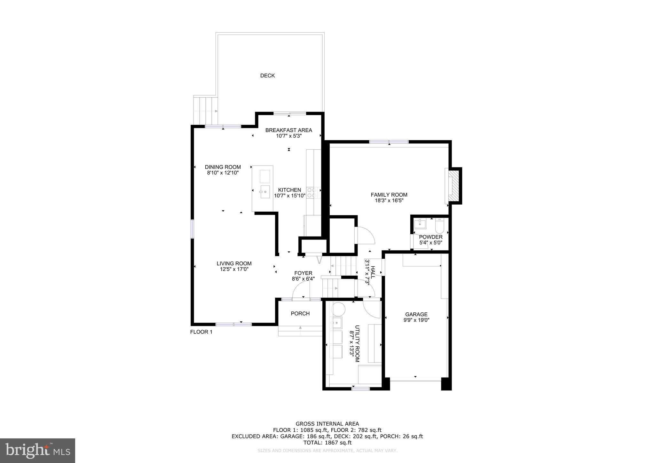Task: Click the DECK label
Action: pyautogui.click(x=267, y=76)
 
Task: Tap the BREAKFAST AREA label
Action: pyautogui.click(x=288, y=130)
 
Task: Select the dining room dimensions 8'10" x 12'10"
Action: pyautogui.click(x=223, y=173)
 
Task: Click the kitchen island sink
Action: pyautogui.click(x=265, y=192)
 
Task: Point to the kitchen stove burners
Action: pyautogui.click(x=312, y=192)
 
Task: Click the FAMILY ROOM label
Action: pyautogui.click(x=389, y=195)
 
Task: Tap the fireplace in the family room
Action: pyautogui.click(x=453, y=185)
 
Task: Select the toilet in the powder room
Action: pyautogui.click(x=439, y=226)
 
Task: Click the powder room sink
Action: pyautogui.click(x=420, y=224)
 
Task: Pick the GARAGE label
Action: pyautogui.click(x=416, y=314)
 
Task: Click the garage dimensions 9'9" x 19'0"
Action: pyautogui.click(x=416, y=320)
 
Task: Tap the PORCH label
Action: pyautogui.click(x=300, y=314)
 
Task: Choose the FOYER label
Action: pyautogui.click(x=303, y=273)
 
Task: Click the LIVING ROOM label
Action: pyautogui.click(x=234, y=263)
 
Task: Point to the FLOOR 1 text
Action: pyautogui.click(x=201, y=332)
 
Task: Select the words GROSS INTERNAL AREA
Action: pyautogui.click(x=327, y=424)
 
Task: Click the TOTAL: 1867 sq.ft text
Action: pyautogui.click(x=327, y=443)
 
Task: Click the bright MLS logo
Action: pyautogui.click(x=37, y=451)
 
